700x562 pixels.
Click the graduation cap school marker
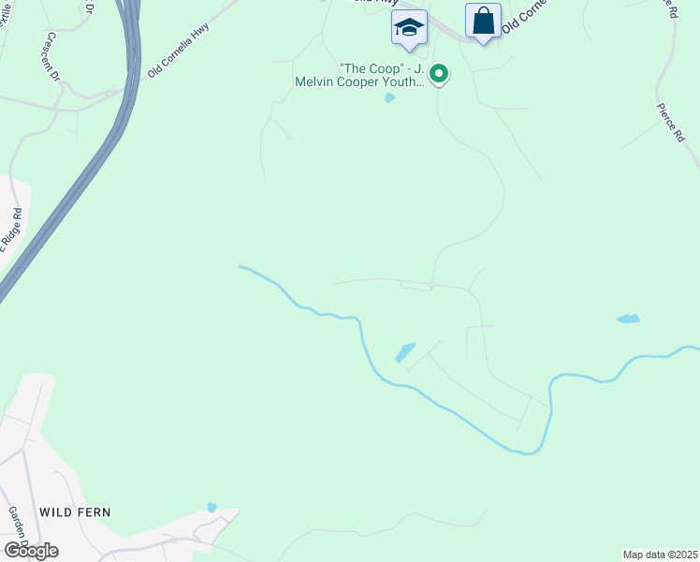409,26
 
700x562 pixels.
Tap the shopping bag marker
483,21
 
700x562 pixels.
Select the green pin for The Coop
439,74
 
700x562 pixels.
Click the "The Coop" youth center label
382,75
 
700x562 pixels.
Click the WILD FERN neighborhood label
75,512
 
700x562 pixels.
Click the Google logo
30,550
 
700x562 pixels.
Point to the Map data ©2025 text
660,555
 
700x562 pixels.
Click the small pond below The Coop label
389,97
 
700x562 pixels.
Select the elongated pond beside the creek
405,352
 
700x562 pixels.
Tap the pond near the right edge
628,319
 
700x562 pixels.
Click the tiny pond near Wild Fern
211,508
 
